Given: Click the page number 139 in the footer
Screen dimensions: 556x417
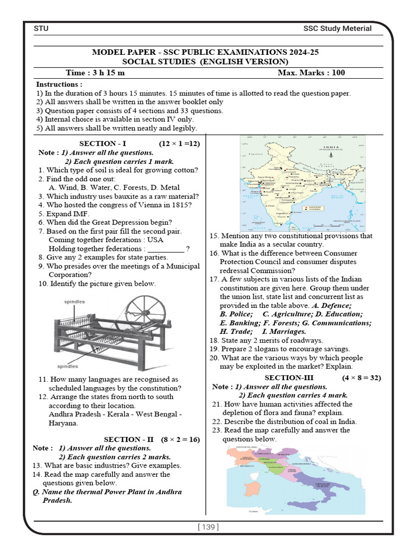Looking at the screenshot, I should point(208,527).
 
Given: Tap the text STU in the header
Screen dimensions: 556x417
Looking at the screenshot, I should point(41,29).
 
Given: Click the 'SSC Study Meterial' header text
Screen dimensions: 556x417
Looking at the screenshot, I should point(337,29).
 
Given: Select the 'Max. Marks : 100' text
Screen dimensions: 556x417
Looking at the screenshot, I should point(311,73).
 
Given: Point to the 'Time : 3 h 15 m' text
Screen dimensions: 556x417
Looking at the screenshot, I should point(95,73).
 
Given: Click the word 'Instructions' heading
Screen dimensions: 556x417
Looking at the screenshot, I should point(59,85).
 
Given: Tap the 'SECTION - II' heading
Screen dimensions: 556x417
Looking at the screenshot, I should point(122,439).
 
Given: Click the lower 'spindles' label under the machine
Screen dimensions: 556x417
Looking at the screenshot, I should point(68,366).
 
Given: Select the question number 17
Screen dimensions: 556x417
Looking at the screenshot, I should point(213,279).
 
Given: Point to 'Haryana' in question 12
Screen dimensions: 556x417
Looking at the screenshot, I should point(63,423).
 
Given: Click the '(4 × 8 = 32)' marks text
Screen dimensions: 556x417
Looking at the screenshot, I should point(361,377).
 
